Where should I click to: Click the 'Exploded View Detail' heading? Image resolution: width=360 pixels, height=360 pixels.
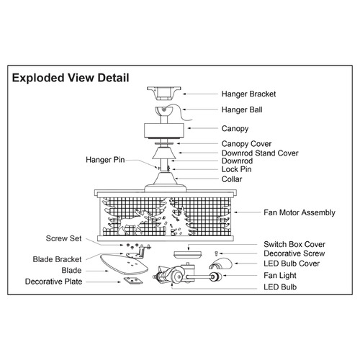[x=71, y=78]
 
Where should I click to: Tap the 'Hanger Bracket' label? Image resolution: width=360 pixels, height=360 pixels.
[x=248, y=94]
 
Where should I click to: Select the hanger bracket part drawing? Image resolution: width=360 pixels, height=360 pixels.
[x=164, y=94]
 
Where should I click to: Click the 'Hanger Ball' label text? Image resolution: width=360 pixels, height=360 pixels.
[x=242, y=110]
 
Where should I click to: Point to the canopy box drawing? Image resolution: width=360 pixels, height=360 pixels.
[x=164, y=131]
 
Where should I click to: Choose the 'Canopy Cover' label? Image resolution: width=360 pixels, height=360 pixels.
[x=246, y=144]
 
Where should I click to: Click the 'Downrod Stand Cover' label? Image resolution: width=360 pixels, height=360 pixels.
[x=260, y=153]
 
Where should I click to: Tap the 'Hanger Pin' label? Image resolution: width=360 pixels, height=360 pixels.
[x=105, y=160]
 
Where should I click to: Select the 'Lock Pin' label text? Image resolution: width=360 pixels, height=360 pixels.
[x=236, y=169]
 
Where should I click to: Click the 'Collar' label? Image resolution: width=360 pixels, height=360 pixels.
[x=232, y=179]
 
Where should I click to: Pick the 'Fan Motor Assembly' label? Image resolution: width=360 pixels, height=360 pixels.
[x=300, y=212]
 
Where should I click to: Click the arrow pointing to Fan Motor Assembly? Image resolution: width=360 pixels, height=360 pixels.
[x=247, y=212]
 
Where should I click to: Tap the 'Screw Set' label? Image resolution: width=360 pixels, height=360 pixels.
[x=63, y=238]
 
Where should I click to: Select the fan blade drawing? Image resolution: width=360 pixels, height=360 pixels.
[x=124, y=264]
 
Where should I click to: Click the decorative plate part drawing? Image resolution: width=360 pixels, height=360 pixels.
[x=133, y=281]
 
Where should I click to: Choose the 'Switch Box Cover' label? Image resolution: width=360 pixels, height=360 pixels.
[x=294, y=244]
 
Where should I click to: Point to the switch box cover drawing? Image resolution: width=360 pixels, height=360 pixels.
[x=188, y=255]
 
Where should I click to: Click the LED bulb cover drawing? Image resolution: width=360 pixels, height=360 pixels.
[x=220, y=264]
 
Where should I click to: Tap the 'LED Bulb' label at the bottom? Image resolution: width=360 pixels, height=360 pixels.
[x=280, y=287]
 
